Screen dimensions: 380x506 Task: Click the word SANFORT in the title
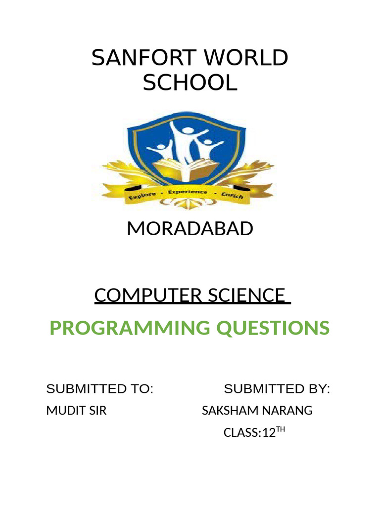pyautogui.click(x=144, y=58)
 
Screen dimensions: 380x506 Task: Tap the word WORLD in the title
pyautogui.click(x=245, y=58)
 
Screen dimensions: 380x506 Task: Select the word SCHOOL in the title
pyautogui.click(x=190, y=83)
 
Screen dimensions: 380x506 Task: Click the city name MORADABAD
pyautogui.click(x=190, y=228)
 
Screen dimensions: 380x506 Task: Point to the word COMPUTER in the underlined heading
pyautogui.click(x=148, y=295)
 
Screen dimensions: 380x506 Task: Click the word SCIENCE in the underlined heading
pyautogui.click(x=246, y=295)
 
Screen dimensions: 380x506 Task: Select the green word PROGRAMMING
pyautogui.click(x=130, y=328)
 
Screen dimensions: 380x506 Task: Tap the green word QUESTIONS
pyautogui.click(x=273, y=328)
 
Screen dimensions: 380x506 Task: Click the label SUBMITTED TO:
pyautogui.click(x=99, y=389)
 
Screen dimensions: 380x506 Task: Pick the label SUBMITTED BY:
pyautogui.click(x=277, y=389)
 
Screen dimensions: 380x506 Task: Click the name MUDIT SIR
pyautogui.click(x=76, y=411)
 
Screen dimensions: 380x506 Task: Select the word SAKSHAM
pyautogui.click(x=230, y=411)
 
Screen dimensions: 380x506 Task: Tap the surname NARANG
pyautogui.click(x=287, y=411)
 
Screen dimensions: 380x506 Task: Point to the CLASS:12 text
pyautogui.click(x=250, y=432)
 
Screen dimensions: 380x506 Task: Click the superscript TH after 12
pyautogui.click(x=281, y=429)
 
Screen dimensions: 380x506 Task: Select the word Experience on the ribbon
pyautogui.click(x=188, y=192)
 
